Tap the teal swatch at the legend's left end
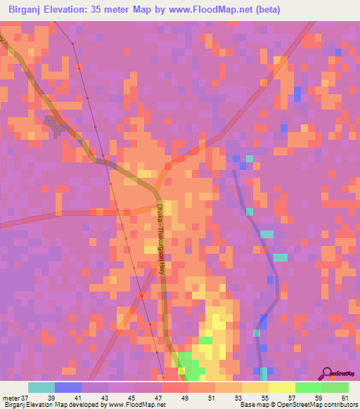[x=41, y=387]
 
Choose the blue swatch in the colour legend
[x=68, y=387]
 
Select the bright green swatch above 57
[x=309, y=387]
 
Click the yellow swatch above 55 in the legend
[x=255, y=387]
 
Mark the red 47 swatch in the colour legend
[x=175, y=387]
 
